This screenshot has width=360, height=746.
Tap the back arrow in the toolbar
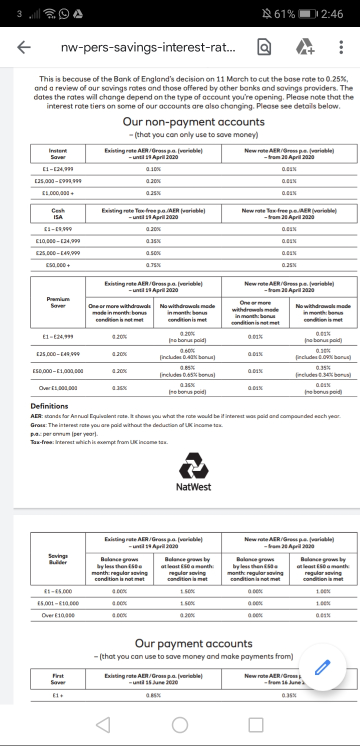[x=23, y=47]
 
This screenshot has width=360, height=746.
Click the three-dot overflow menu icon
[x=340, y=47]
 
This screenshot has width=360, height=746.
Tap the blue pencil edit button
[x=324, y=666]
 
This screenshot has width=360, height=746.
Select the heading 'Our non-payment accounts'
[x=193, y=122]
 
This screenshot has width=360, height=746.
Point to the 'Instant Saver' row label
[x=58, y=153]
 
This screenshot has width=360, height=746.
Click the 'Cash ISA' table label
[x=58, y=214]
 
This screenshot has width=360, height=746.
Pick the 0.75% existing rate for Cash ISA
[x=153, y=265]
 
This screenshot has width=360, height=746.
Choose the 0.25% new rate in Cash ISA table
[x=289, y=265]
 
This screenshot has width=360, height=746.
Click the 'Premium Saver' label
[x=58, y=302]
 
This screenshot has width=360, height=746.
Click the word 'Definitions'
[x=49, y=406]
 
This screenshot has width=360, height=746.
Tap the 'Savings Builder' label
[x=58, y=559]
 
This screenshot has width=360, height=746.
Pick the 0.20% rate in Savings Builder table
[x=187, y=615]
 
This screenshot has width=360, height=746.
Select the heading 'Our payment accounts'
[x=193, y=644]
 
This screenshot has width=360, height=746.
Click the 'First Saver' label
[x=58, y=679]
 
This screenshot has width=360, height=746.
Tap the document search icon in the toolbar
[x=264, y=47]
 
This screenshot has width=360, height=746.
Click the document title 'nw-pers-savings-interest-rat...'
[x=148, y=47]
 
